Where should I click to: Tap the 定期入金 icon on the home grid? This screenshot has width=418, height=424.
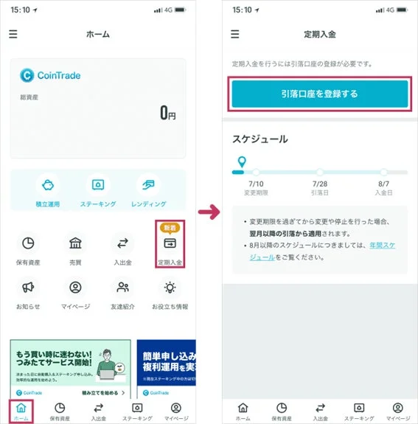[x=170, y=244]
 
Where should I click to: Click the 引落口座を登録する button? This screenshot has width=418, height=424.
[x=319, y=94]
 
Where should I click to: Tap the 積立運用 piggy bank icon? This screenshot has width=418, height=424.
[x=48, y=185]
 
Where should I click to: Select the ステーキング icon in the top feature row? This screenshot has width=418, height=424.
[x=98, y=185]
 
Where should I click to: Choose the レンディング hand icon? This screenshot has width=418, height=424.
[x=148, y=185]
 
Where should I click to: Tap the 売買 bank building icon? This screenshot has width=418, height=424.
[x=75, y=244]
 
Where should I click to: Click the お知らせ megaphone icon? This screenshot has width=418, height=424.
[x=28, y=288]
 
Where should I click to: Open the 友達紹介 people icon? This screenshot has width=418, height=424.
[x=123, y=288]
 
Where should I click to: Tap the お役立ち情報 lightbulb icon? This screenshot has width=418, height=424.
[x=170, y=288]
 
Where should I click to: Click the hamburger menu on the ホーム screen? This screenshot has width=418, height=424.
[x=13, y=34]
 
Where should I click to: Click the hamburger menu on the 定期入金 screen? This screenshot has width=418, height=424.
[x=235, y=34]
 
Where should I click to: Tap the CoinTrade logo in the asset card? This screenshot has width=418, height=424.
[x=50, y=74]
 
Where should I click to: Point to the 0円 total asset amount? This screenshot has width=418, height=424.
[x=167, y=113]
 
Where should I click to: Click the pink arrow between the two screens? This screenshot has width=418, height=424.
[x=209, y=212]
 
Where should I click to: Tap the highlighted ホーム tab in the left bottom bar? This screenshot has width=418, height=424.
[x=21, y=411]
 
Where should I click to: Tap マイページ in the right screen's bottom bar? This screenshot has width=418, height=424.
[x=397, y=411]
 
